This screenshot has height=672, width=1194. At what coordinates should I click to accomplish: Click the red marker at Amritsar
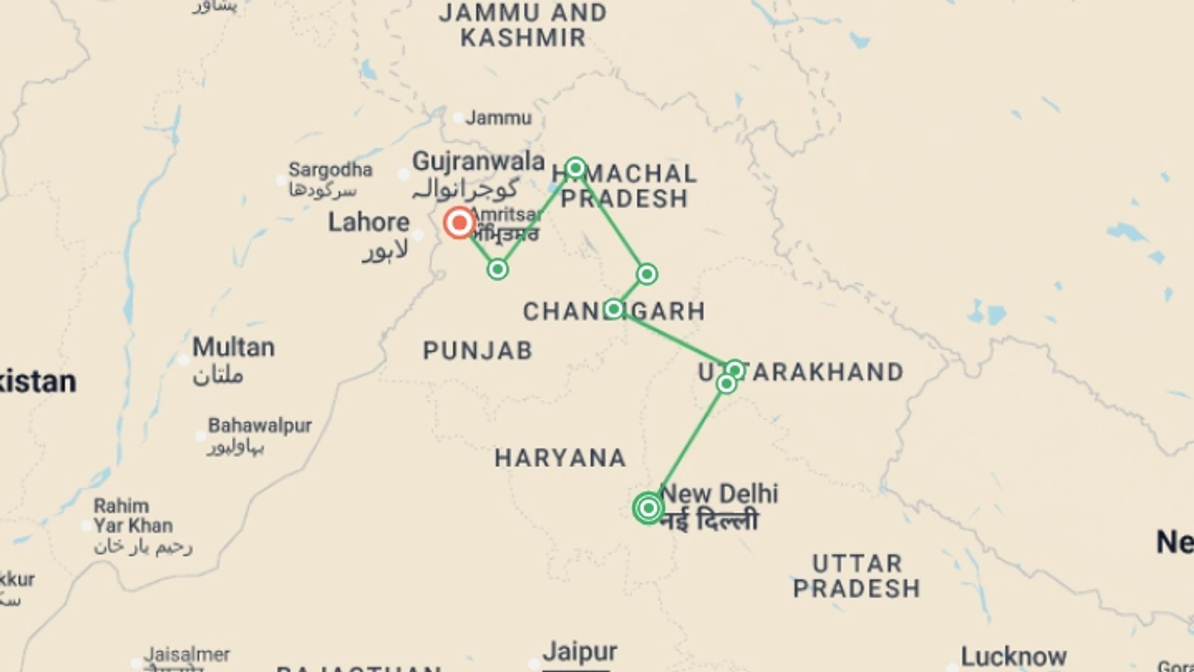click(x=460, y=223)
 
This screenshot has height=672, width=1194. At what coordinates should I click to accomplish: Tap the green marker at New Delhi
click(x=649, y=508)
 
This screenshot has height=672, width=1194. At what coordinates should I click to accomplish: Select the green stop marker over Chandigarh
click(x=614, y=309)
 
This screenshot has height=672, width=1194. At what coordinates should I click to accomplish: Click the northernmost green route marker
click(x=576, y=168)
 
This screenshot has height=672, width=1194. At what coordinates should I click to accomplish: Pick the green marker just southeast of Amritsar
click(x=497, y=269)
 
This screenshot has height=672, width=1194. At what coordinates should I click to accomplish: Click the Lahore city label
click(x=369, y=222)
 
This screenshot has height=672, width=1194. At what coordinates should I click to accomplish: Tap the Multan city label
click(x=233, y=347)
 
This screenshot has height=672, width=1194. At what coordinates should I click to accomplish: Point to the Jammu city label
click(x=499, y=118)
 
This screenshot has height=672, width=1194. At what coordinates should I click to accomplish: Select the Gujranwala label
click(x=478, y=161)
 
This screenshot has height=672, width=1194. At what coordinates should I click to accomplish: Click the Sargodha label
click(x=330, y=169)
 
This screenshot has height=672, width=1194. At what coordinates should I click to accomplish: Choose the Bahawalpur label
click(x=260, y=426)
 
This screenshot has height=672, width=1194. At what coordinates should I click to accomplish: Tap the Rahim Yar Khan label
click(x=132, y=516)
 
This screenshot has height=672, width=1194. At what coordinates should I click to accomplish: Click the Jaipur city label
click(x=580, y=652)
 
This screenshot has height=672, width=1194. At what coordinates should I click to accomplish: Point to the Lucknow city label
click(x=1014, y=656)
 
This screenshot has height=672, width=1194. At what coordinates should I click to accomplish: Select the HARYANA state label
click(x=560, y=459)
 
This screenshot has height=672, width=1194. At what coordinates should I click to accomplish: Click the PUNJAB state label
click(x=478, y=351)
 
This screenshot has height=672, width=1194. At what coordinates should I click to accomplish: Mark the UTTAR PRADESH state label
click(x=857, y=576)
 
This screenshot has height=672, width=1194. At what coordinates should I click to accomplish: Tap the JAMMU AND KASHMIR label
click(x=523, y=25)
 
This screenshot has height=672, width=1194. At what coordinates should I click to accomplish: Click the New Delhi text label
click(x=719, y=493)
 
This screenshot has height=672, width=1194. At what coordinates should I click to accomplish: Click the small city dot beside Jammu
click(x=458, y=118)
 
